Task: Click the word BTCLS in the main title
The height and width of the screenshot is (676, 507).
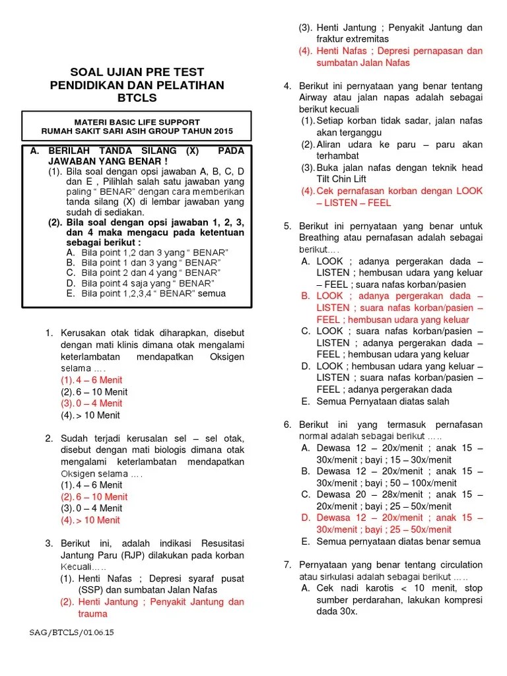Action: (x=137, y=98)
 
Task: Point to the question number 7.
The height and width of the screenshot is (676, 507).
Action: (x=287, y=565)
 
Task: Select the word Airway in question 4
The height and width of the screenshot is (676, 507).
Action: (x=314, y=98)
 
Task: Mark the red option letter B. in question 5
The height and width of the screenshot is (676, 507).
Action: (x=306, y=296)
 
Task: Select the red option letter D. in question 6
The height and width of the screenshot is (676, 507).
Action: (x=306, y=518)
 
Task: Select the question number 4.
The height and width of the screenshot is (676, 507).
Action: (x=287, y=86)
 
